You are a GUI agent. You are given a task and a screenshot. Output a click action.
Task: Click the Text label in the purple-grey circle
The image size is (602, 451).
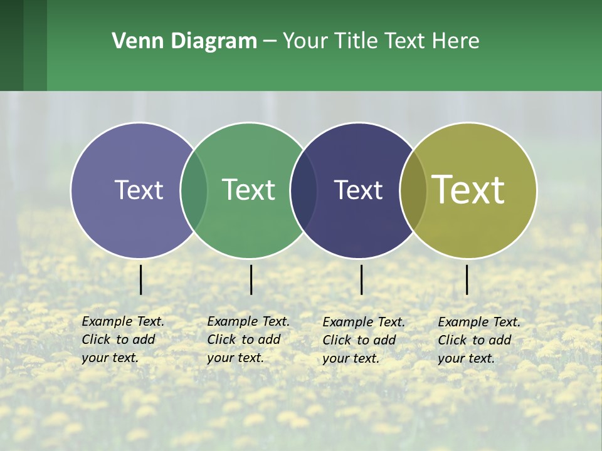(139, 190)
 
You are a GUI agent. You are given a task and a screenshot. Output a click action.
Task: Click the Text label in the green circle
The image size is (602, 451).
(249, 190)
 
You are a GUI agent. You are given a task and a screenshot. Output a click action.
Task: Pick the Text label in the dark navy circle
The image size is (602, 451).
(358, 190)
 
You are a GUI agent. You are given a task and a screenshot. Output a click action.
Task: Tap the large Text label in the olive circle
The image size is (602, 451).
(468, 190)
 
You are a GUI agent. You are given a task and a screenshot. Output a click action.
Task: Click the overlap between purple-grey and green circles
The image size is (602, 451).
(194, 190)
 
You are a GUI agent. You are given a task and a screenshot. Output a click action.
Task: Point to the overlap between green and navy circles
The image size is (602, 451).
(304, 190)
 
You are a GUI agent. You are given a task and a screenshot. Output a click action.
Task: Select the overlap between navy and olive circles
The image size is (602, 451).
(413, 190)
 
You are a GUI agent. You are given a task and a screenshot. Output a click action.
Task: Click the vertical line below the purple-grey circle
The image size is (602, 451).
(141, 279)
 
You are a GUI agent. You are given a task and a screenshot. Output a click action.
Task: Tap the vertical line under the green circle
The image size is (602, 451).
(251, 279)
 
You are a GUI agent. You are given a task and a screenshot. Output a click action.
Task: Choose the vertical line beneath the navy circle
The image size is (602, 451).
(362, 279)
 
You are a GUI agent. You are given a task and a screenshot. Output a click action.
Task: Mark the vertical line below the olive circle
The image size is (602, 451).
(467, 279)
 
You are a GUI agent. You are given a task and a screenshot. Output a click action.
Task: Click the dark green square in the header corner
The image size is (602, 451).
(11, 45)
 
